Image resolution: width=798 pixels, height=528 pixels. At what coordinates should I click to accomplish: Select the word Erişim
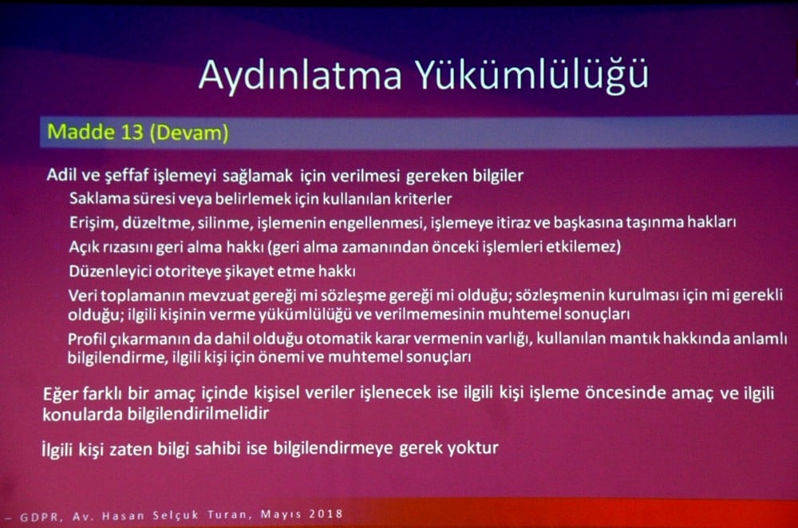(x=89, y=221)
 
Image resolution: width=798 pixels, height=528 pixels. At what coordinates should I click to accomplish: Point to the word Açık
(x=84, y=246)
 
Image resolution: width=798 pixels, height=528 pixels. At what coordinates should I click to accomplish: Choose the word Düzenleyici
(x=108, y=271)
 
